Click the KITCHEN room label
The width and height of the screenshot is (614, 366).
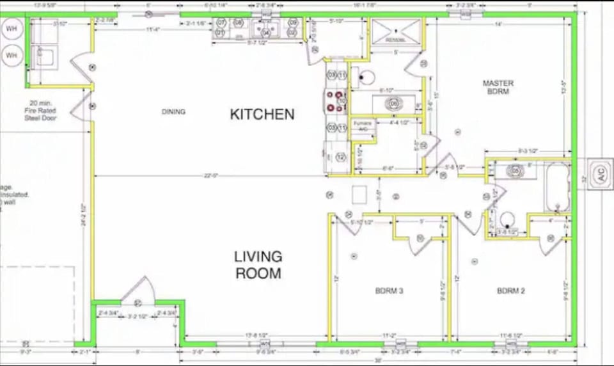point(262,115)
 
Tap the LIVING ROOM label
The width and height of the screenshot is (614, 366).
point(258,265)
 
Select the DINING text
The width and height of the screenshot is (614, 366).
point(173,112)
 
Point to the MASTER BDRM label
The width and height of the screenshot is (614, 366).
point(498,88)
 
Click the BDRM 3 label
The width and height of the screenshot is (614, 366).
point(389,291)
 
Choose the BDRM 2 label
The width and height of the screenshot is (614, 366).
point(510,291)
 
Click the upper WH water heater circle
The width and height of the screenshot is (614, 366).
point(12,29)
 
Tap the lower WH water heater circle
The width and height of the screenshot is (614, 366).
point(12,56)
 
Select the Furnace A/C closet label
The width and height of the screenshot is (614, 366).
point(363,126)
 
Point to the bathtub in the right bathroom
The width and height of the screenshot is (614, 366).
point(557,187)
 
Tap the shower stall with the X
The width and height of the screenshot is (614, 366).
point(396,31)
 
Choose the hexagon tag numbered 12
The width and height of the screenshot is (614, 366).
point(340,157)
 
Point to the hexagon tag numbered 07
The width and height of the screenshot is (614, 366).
point(221,22)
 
